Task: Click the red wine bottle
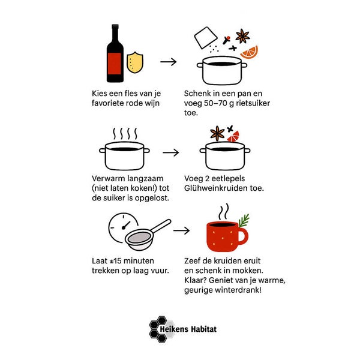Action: [115, 53]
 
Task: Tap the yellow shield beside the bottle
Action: [135, 62]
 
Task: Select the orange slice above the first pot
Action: [250, 52]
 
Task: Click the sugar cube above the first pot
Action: [206, 38]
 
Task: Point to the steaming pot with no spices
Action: [124, 155]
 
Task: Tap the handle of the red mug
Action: [243, 236]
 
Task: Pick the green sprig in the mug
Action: [244, 220]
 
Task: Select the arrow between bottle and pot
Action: [168, 62]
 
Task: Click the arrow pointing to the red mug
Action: [181, 230]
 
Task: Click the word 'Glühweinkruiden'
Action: [216, 188]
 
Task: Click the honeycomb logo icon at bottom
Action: [158, 329]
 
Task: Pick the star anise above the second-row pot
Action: [217, 134]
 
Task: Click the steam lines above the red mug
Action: [223, 212]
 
